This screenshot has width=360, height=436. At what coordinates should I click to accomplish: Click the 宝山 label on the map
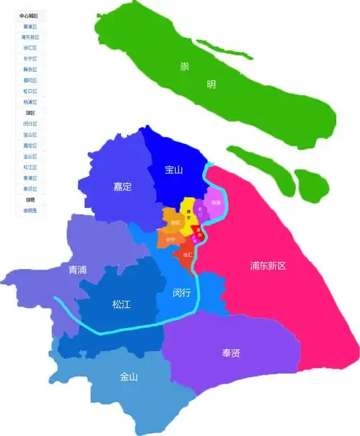pyautogui.click(x=174, y=171)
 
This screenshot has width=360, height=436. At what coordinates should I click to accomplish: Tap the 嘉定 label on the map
pyautogui.click(x=122, y=186)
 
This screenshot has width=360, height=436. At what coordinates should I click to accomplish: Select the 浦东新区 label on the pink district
pyautogui.click(x=268, y=265)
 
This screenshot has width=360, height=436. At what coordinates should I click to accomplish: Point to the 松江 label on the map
pyautogui.click(x=121, y=304)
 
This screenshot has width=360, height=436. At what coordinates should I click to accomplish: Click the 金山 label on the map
pyautogui.click(x=130, y=376)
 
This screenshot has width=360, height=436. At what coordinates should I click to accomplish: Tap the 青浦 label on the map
pyautogui.click(x=77, y=270)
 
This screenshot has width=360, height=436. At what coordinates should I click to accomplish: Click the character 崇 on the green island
pyautogui.click(x=184, y=67)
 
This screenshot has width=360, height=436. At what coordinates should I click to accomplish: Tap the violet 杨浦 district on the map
pyautogui.click(x=215, y=203)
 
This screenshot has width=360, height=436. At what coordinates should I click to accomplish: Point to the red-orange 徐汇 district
pyautogui.click(x=187, y=254)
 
